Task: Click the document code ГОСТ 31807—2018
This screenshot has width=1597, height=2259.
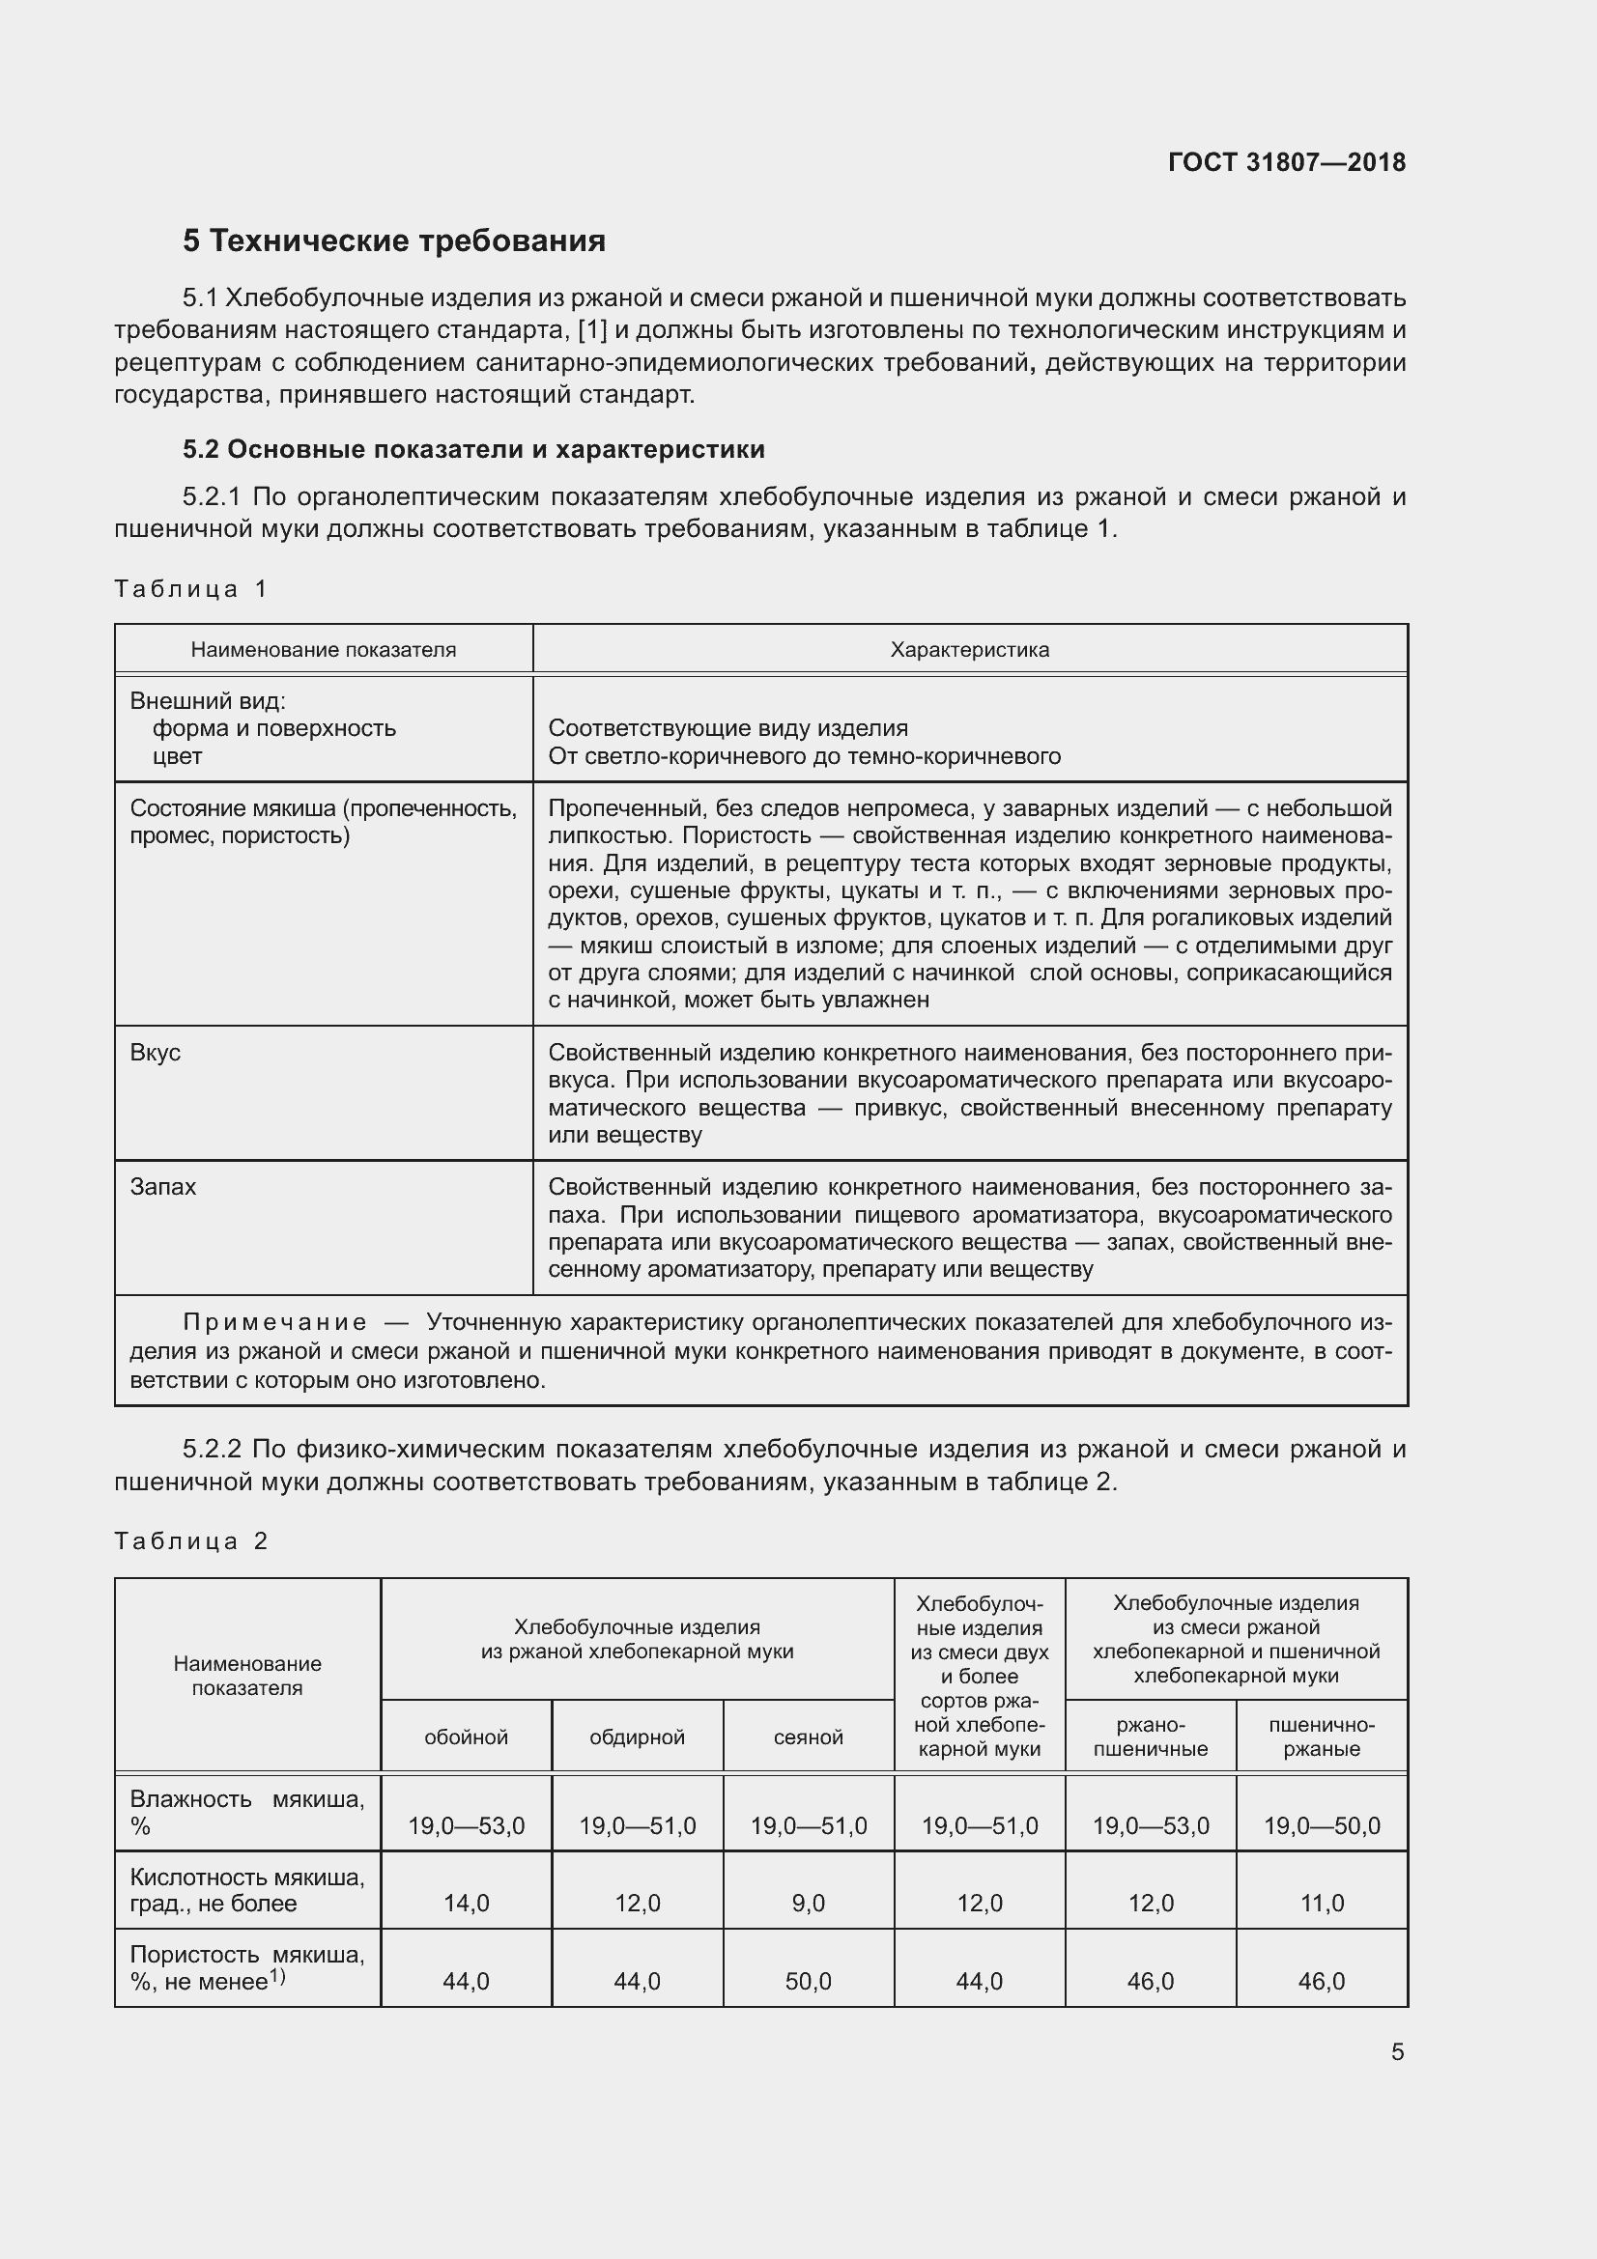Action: (x=1286, y=162)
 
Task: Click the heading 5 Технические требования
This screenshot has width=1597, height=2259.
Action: (x=393, y=241)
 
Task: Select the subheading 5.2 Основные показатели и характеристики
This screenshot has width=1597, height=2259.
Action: (x=473, y=450)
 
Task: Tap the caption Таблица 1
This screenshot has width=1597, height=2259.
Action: (x=190, y=589)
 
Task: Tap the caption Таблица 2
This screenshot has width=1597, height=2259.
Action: (x=190, y=1540)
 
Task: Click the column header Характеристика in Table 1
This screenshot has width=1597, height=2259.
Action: (x=969, y=649)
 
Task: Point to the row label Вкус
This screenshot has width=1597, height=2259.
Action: (x=156, y=1052)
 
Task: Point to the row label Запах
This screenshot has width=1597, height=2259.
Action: (x=163, y=1187)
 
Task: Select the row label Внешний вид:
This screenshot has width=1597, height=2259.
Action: (x=208, y=700)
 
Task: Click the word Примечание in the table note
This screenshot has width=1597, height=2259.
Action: (x=275, y=1322)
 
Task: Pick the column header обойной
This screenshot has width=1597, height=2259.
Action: (x=466, y=1737)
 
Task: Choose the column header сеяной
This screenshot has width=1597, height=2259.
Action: (x=808, y=1737)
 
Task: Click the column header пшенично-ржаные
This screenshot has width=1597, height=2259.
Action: (x=1322, y=1737)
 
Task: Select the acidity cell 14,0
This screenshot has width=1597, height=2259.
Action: (x=467, y=1903)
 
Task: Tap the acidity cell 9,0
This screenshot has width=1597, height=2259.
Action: (x=808, y=1903)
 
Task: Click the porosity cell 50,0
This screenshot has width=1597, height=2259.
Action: (x=808, y=1981)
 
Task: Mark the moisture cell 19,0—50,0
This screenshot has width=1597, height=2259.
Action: (x=1322, y=1826)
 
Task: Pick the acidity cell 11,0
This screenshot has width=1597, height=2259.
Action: (x=1322, y=1903)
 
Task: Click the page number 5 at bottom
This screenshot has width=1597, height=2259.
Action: (x=1397, y=2051)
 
